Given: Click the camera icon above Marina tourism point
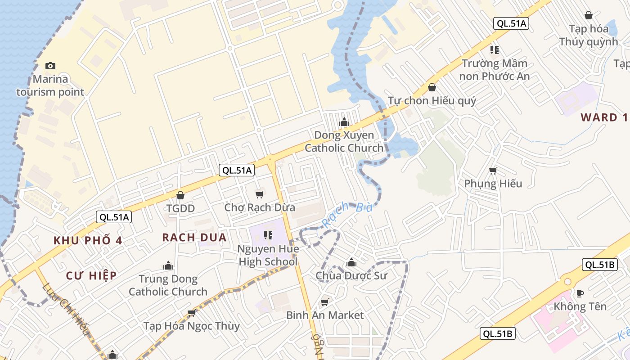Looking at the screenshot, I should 50,66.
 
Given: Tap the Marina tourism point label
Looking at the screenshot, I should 50,85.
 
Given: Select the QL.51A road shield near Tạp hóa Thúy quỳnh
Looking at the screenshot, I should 510,24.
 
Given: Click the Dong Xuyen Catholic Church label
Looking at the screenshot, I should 344,141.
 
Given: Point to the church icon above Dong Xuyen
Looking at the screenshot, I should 344,122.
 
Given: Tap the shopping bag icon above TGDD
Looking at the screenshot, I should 180,195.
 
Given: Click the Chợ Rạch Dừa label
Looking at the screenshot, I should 260,207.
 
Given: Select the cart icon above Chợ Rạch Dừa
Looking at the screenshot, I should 259,194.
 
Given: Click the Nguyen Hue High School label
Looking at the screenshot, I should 268,255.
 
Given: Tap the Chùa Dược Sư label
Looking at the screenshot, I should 351,275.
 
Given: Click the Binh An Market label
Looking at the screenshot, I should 325,315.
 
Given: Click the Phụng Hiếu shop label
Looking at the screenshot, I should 493,184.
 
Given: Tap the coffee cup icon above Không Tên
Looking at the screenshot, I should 580,293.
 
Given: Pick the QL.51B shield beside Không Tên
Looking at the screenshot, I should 599,265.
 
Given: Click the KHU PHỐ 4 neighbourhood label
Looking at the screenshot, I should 88,240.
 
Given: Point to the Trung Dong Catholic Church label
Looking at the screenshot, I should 168,285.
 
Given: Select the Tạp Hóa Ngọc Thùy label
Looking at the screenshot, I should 191,326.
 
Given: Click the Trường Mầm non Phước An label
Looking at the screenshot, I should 494,70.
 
